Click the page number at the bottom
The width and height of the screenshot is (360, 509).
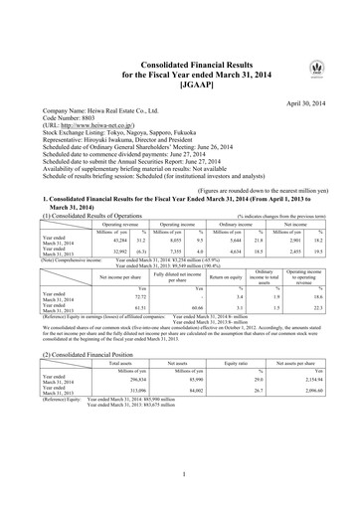click(x=179, y=477)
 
